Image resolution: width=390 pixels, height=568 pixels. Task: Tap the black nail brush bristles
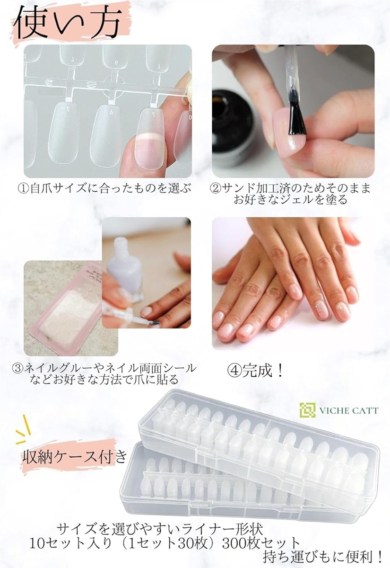click(x=297, y=120)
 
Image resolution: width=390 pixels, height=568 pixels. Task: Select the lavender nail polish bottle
click(x=124, y=269)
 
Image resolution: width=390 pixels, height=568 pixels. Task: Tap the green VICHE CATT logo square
click(x=307, y=410)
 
